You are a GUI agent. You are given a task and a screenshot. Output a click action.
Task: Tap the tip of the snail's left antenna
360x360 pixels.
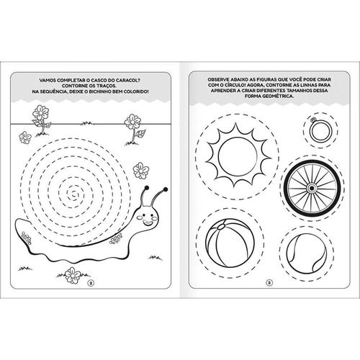point(147,187)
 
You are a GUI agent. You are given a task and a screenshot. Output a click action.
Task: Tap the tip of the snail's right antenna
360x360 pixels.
point(165,189)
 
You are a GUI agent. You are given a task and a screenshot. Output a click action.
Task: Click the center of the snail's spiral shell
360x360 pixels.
point(73,193)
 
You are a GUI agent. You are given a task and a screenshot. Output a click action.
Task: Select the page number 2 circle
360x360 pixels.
point(91,283)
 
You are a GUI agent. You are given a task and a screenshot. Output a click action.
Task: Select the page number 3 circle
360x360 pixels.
point(269,283)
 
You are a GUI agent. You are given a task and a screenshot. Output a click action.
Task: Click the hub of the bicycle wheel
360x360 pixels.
point(312,188)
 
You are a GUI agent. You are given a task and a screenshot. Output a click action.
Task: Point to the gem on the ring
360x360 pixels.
point(312,120)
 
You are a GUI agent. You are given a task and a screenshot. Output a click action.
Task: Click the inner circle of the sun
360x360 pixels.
point(238,156)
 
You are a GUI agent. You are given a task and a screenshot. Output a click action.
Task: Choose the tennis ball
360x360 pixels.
point(307,253)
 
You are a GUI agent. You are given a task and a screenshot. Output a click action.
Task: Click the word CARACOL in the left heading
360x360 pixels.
point(127,80)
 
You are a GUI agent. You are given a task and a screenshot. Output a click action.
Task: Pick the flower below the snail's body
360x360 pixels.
point(73,276)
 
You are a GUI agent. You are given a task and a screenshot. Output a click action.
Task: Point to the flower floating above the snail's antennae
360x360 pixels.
point(141,171)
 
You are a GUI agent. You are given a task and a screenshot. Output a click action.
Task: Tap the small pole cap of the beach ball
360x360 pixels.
point(221,226)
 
